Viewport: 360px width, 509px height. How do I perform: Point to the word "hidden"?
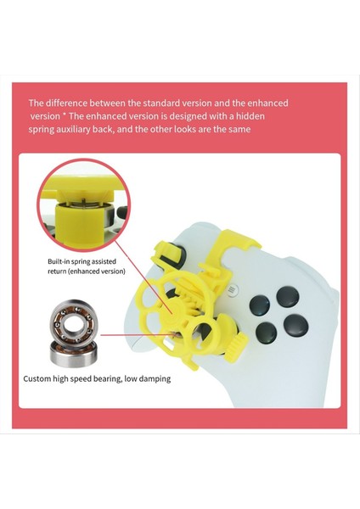tap(270, 116)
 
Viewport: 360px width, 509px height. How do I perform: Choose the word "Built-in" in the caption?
tap(62, 262)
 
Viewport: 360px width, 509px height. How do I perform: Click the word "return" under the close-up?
tap(59, 272)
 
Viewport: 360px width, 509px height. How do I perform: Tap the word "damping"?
tap(152, 378)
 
